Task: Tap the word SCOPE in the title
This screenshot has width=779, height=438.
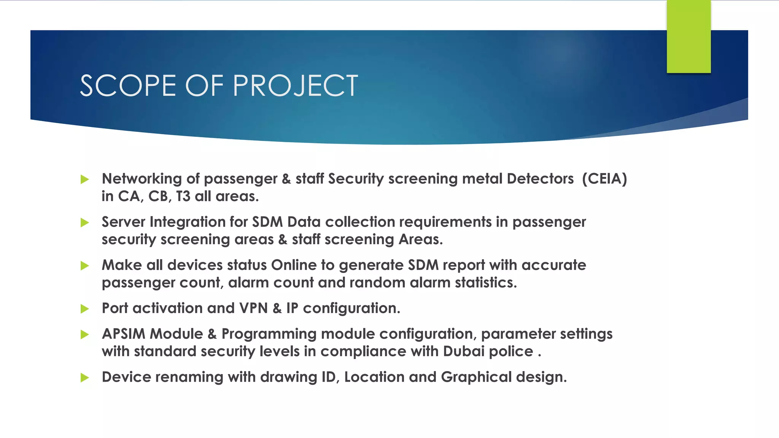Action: tap(128, 86)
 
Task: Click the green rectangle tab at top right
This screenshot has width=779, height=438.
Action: tap(688, 36)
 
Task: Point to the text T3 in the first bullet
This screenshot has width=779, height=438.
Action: tap(183, 196)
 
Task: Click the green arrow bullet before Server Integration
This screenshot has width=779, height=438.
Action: tap(85, 222)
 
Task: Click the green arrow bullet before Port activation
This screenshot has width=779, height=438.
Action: tap(85, 309)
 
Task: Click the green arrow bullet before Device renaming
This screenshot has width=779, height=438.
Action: tap(85, 378)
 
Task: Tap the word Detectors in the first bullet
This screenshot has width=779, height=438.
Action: tap(540, 179)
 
